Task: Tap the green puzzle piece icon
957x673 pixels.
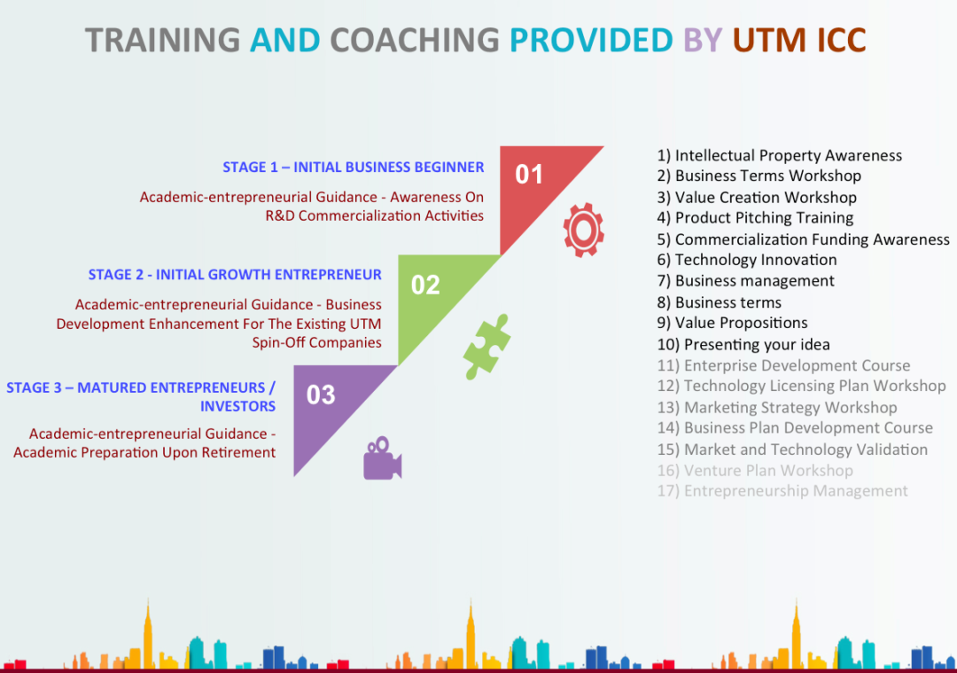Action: coord(486,347)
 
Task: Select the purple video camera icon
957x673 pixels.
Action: coord(382,459)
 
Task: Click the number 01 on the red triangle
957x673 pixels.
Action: coord(528,175)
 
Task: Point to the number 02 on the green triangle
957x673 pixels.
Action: coord(425,286)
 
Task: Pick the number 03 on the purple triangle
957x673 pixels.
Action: coord(321,395)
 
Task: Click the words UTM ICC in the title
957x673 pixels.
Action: coord(799,40)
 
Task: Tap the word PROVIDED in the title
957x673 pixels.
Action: coord(591,40)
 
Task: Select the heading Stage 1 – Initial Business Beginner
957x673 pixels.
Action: coord(354,168)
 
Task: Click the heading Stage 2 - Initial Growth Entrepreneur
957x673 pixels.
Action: coord(235,275)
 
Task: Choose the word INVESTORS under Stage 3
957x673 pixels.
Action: coord(238,406)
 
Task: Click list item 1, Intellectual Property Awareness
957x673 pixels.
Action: coord(780,156)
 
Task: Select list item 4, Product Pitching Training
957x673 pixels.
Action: coord(755,218)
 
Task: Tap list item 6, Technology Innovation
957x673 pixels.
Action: coord(746,260)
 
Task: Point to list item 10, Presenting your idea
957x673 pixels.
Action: coord(743,345)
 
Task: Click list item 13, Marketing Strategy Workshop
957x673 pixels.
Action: coord(777,408)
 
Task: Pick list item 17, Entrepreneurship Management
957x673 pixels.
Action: coord(782,491)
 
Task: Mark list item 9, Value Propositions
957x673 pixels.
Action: coord(733,323)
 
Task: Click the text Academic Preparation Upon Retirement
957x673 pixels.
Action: coord(144,452)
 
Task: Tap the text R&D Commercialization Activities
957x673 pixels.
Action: coord(374,215)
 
